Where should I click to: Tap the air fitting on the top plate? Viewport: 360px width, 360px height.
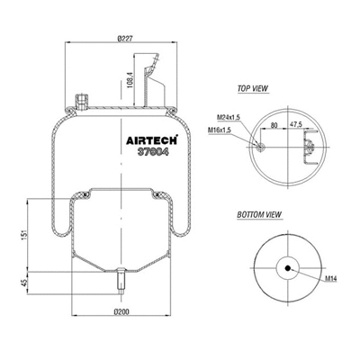(x=85, y=99)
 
